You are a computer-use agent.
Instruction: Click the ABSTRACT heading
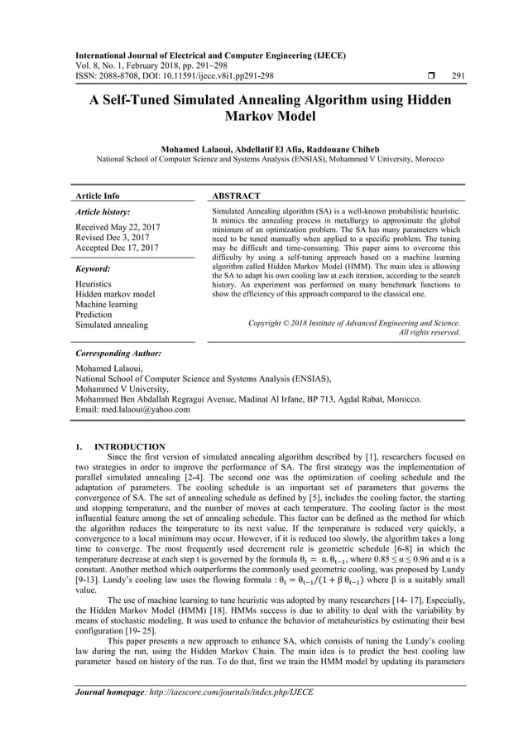point(237,196)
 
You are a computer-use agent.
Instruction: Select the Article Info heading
point(97,196)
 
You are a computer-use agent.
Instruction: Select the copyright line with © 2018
point(354,322)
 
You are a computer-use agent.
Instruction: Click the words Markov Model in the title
point(264,117)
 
